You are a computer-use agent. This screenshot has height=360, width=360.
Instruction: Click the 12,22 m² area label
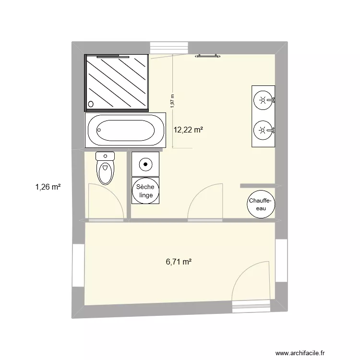(188, 130)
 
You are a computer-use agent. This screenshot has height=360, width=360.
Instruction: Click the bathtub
(125, 130)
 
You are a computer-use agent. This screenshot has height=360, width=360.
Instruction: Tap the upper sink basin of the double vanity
(262, 100)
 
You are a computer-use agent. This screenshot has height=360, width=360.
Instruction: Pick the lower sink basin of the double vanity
(262, 130)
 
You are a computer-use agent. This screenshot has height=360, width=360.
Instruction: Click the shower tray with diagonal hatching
(117, 82)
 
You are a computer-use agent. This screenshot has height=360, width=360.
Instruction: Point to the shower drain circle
(91, 103)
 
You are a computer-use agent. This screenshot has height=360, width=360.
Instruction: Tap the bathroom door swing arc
(204, 202)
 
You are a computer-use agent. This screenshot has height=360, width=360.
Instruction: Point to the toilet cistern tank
(105, 156)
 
